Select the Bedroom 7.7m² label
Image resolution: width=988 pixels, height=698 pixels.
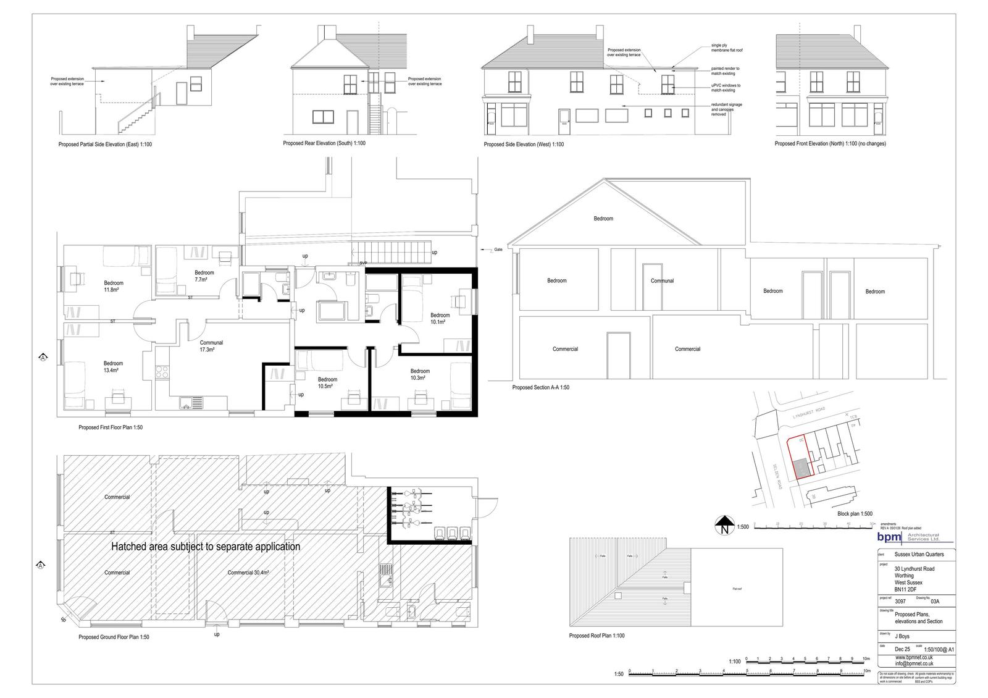tap(204, 275)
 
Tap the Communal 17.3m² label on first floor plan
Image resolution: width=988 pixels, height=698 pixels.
tap(211, 346)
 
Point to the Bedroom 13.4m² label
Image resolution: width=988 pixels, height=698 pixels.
tap(112, 366)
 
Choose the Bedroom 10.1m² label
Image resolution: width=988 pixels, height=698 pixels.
tap(440, 318)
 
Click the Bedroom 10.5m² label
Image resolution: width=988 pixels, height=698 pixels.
tap(327, 382)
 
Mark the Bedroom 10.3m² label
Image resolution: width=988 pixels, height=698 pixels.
tap(420, 374)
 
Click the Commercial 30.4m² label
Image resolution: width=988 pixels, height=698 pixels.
tap(248, 573)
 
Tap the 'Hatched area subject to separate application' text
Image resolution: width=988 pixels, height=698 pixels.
tap(205, 547)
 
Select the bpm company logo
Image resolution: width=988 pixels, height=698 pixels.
tap(889, 538)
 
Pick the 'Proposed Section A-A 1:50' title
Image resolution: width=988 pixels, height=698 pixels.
tap(540, 387)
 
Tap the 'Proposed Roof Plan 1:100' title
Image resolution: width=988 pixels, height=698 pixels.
tap(597, 636)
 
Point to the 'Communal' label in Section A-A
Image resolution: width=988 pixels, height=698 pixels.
tap(662, 280)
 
